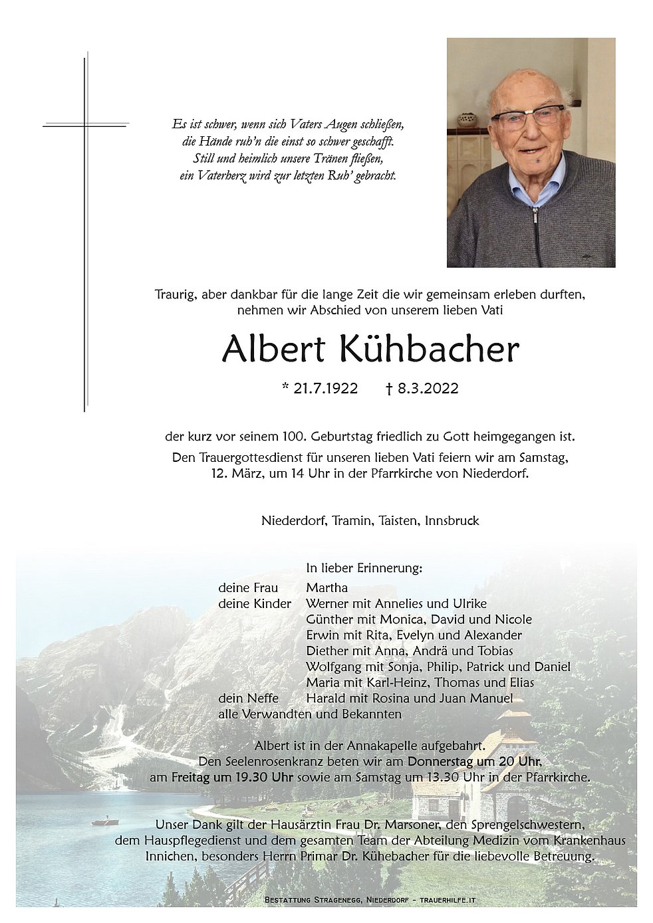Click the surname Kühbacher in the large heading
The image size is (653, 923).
point(429,350)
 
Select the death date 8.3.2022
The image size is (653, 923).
point(428,389)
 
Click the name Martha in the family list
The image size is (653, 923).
point(326,587)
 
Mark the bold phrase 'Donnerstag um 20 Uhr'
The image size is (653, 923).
point(475,762)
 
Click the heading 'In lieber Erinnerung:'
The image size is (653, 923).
point(364,568)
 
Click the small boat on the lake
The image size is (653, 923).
point(101,821)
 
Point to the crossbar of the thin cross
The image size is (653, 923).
point(85,124)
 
